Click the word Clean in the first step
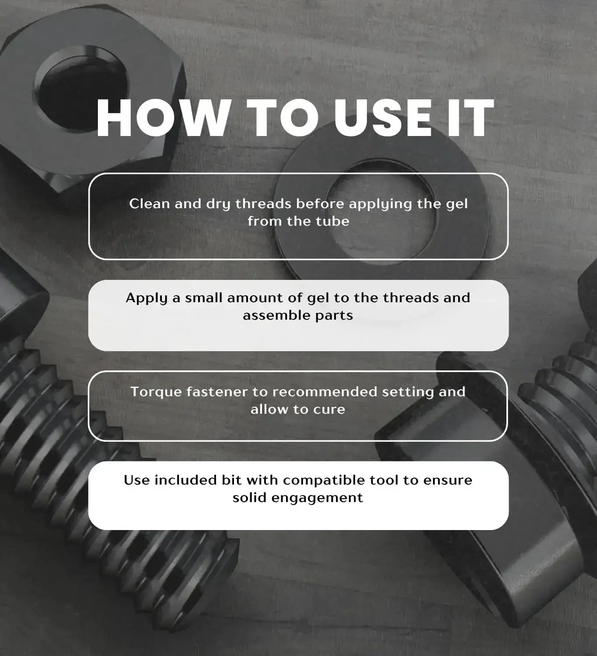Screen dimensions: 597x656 pos(149,204)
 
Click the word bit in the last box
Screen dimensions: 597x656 pos(232,480)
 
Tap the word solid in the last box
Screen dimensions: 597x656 pos(249,498)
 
